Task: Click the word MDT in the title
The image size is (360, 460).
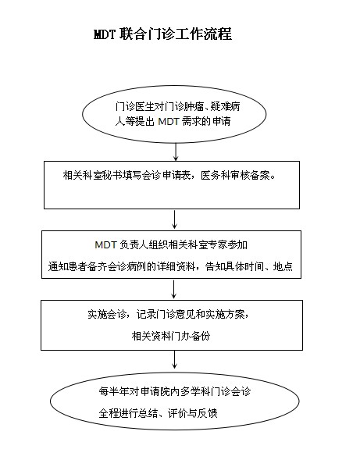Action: pyautogui.click(x=105, y=34)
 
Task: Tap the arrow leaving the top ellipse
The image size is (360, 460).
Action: pyautogui.click(x=176, y=152)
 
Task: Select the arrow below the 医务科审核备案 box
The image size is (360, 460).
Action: pyautogui.click(x=175, y=219)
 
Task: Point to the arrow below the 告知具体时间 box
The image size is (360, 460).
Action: pyautogui.click(x=174, y=289)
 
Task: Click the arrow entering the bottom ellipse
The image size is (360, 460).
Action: pyautogui.click(x=175, y=359)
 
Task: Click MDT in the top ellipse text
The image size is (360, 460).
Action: pyautogui.click(x=168, y=121)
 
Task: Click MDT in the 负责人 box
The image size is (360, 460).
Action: pyautogui.click(x=105, y=244)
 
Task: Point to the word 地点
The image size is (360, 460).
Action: pyautogui.click(x=283, y=266)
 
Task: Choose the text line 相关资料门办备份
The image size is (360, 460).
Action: pyautogui.click(x=171, y=336)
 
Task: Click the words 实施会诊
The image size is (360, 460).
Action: pyautogui.click(x=107, y=315)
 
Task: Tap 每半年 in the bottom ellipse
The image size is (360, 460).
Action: pyautogui.click(x=114, y=391)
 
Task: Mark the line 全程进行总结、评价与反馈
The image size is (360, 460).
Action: pyautogui.click(x=158, y=413)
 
